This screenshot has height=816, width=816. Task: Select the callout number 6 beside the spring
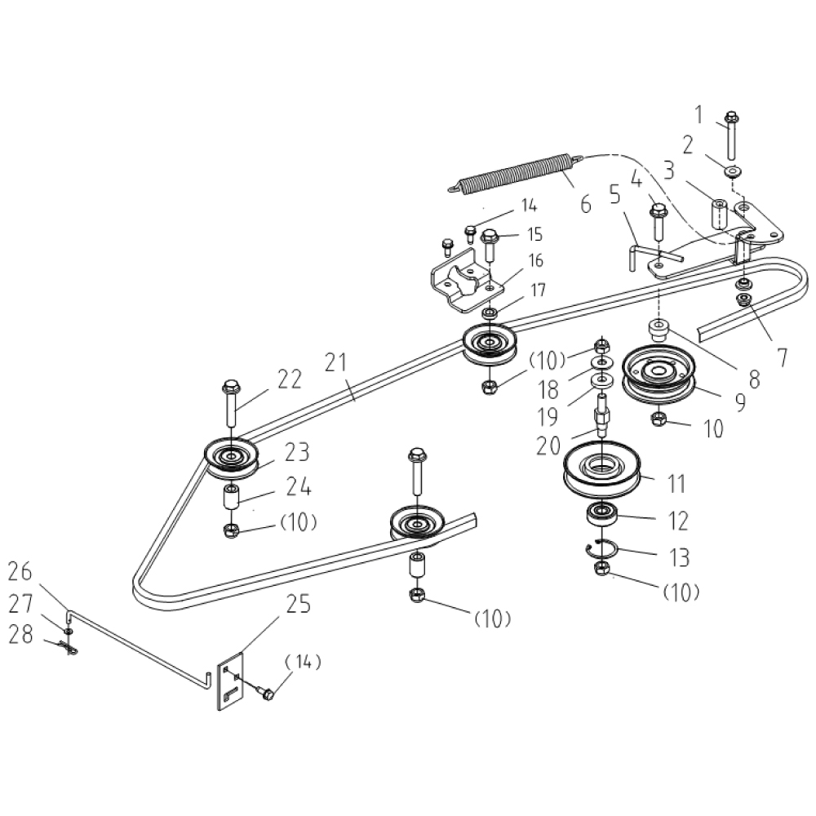585,203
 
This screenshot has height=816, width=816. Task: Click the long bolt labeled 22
229,403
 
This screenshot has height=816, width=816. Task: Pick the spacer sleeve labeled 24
232,497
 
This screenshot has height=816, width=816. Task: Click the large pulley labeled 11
602,474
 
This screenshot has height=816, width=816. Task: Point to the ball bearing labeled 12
602,515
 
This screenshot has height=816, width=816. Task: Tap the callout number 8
752,379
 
